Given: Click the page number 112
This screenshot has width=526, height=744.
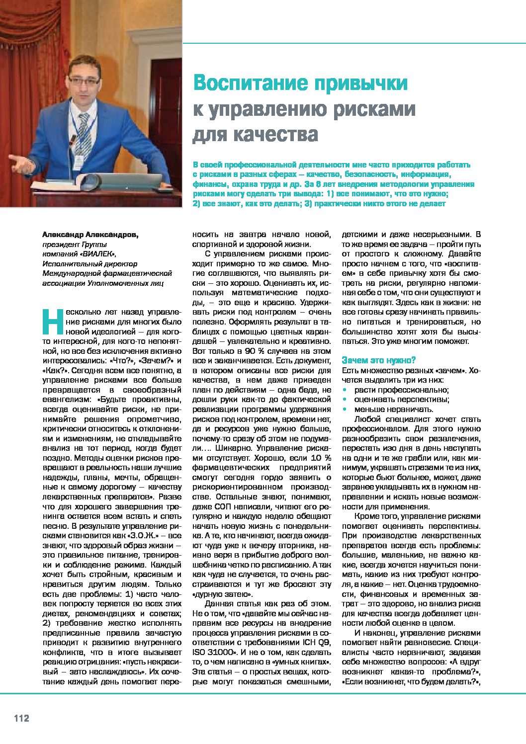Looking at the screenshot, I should (x=21, y=718).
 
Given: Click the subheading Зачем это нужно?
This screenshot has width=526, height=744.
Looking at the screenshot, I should (x=378, y=360).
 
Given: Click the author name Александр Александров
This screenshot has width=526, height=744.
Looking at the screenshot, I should (x=90, y=234).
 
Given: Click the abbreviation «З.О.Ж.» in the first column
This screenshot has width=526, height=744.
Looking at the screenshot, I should (x=144, y=536).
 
